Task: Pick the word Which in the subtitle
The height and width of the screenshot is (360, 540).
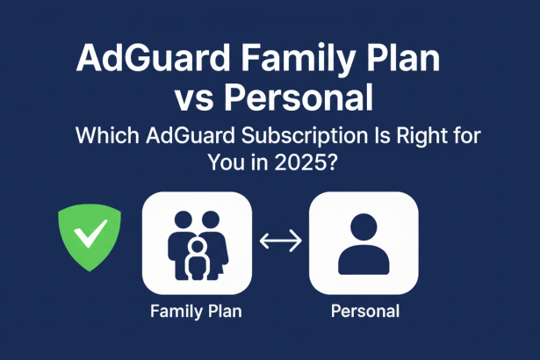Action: (104, 137)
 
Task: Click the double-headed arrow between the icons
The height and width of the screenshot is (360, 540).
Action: (280, 239)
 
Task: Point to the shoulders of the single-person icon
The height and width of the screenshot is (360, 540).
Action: (364, 261)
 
